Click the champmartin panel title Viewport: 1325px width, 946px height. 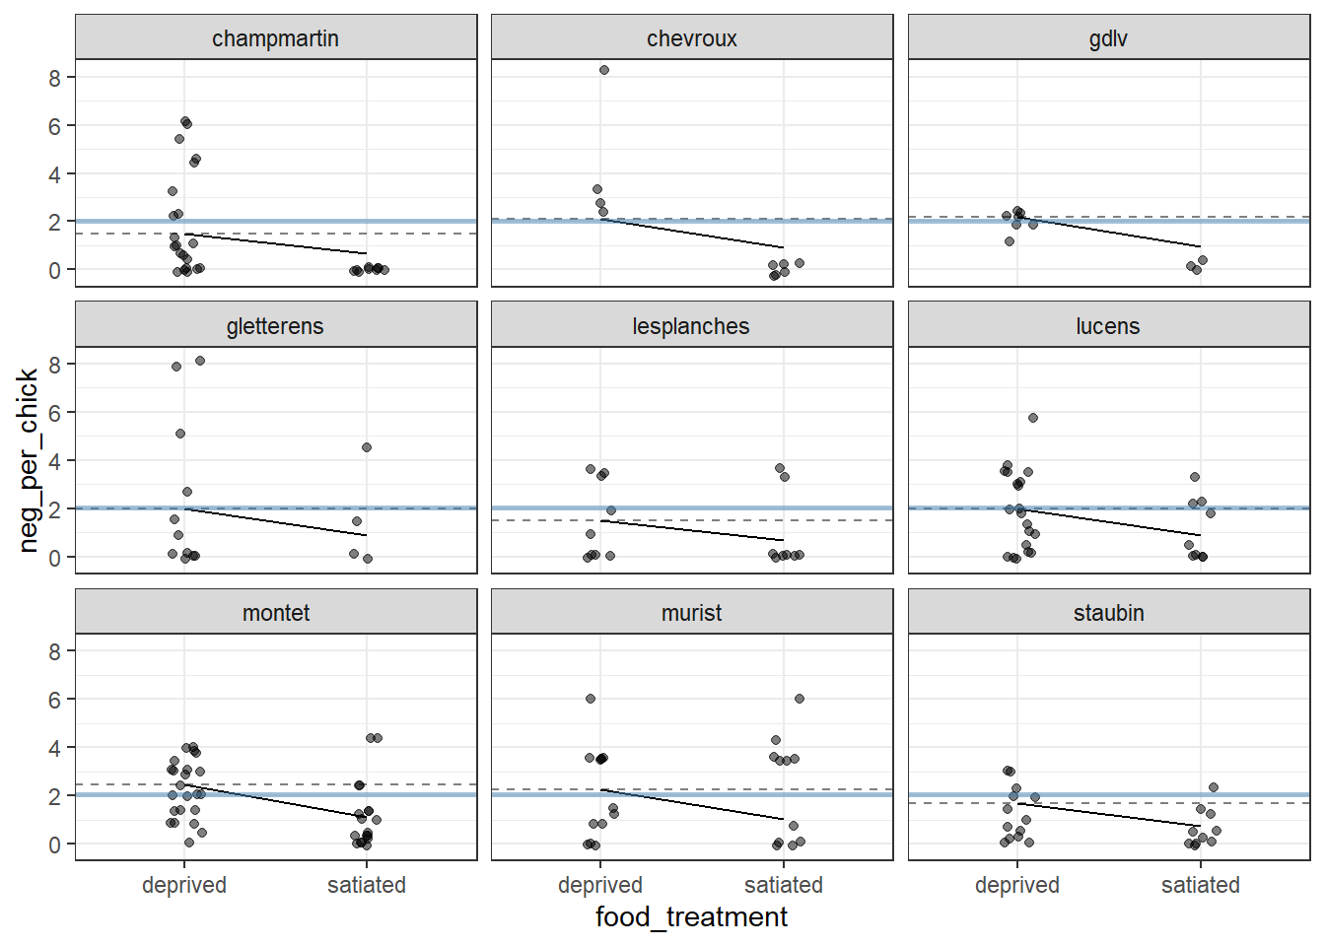[275, 38]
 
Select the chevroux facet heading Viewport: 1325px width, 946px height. [691, 38]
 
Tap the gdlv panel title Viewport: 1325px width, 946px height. [1108, 38]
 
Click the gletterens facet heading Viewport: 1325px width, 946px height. [275, 326]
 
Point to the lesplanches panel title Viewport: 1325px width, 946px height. [691, 326]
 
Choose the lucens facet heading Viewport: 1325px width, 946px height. [1108, 326]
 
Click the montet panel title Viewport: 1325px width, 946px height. [275, 613]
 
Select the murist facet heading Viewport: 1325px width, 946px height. [691, 613]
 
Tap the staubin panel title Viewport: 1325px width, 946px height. [1108, 613]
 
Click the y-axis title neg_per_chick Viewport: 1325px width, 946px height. [28, 459]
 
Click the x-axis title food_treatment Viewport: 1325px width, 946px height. [691, 917]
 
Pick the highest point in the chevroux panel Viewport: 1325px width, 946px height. [604, 70]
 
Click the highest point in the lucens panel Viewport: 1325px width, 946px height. [1033, 418]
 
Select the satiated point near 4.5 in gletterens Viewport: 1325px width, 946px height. [367, 447]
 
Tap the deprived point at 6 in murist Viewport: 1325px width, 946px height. [591, 699]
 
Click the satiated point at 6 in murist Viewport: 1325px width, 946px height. [800, 699]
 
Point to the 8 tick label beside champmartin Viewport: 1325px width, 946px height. [55, 78]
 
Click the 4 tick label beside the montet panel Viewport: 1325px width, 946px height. [55, 748]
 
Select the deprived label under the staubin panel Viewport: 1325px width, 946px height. [1017, 885]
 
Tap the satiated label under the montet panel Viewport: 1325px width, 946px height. [367, 885]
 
